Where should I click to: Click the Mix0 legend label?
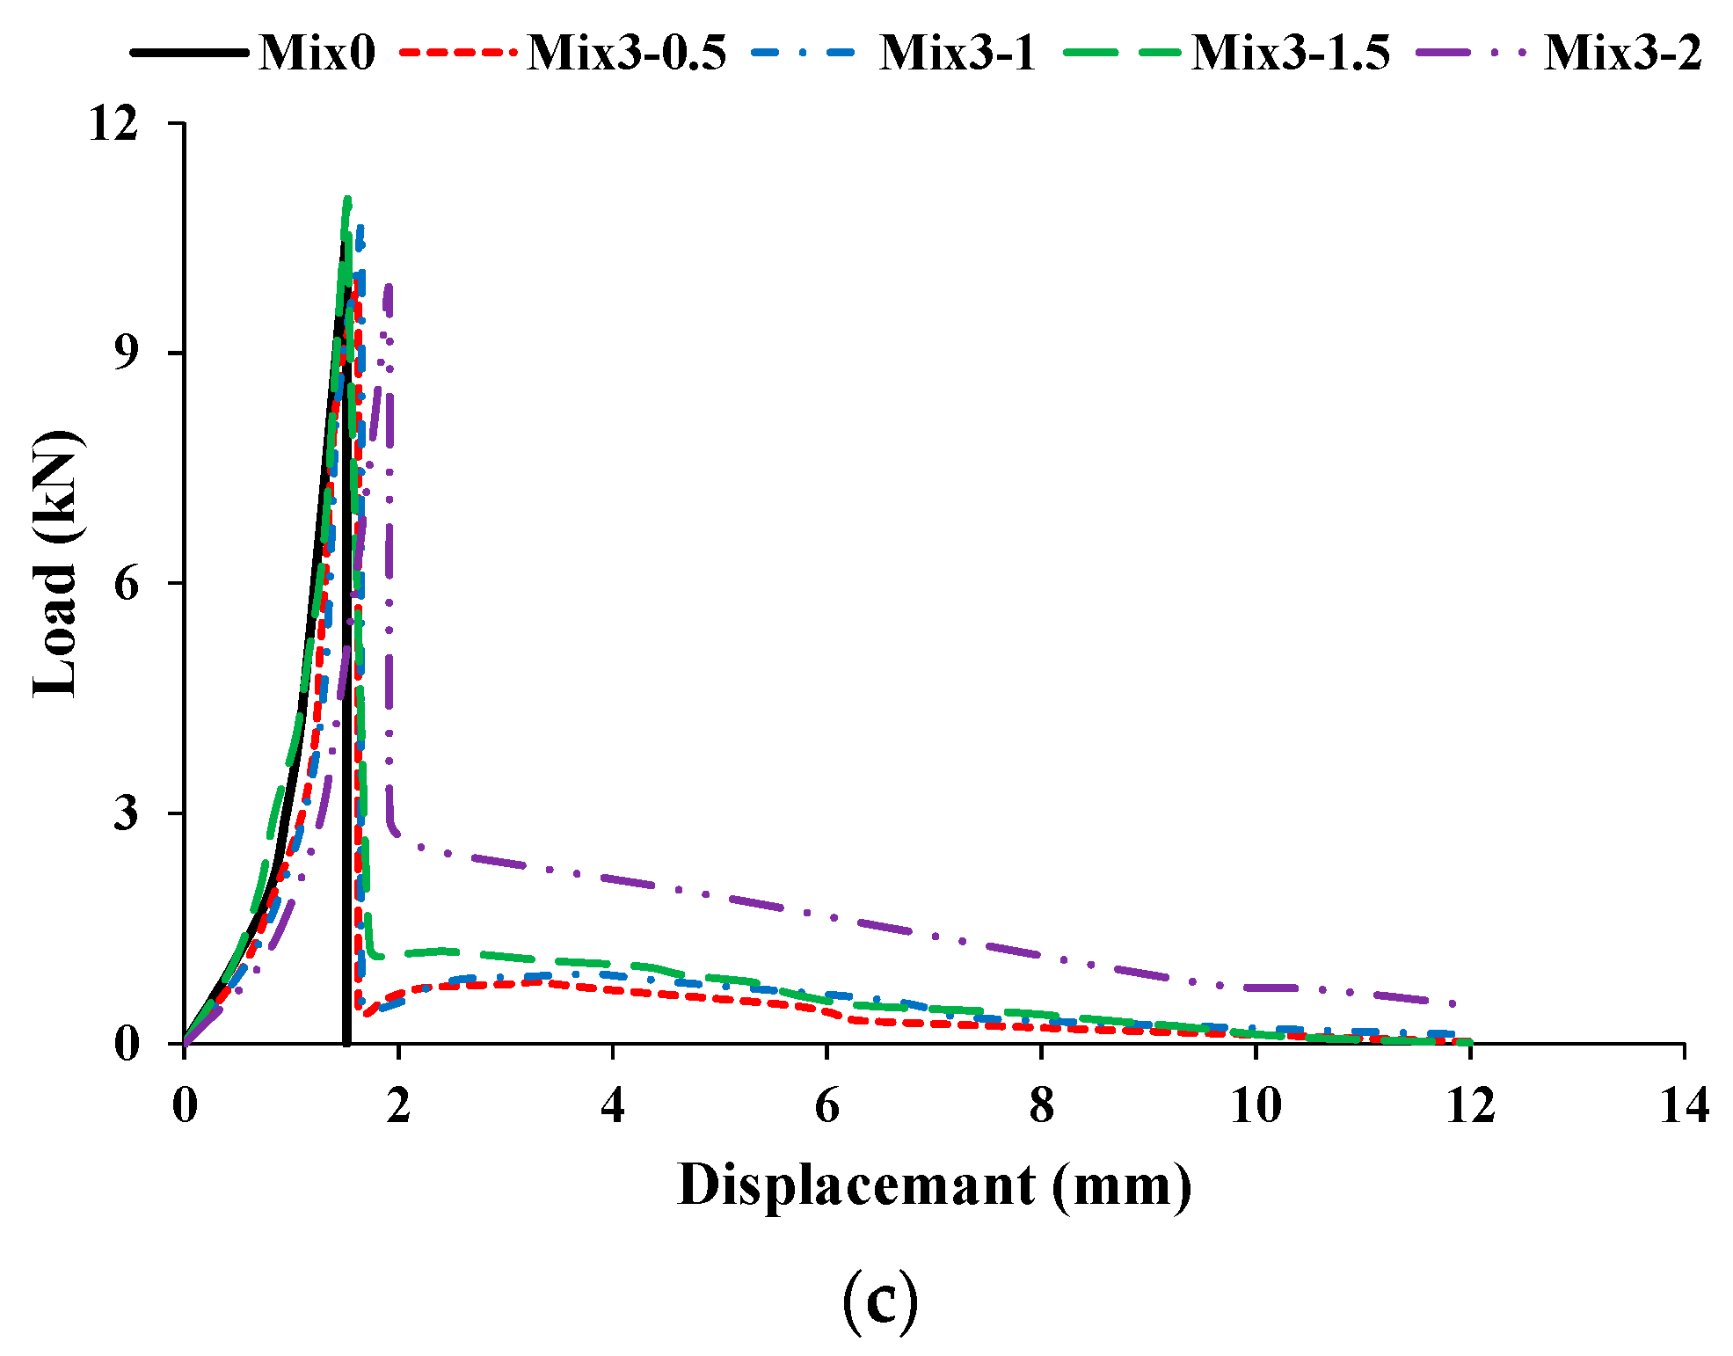tap(317, 53)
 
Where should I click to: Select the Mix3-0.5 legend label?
tap(626, 53)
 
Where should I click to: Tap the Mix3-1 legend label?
tap(958, 53)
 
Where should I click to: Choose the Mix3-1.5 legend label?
tap(1290, 53)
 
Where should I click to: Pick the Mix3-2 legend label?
tap(1622, 53)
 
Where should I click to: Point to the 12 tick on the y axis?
tap(113, 123)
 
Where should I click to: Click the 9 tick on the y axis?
tap(127, 353)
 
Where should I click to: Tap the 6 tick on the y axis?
tap(127, 583)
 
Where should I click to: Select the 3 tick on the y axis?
tap(127, 813)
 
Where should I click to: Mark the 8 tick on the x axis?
tap(1041, 1105)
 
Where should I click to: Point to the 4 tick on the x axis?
tap(613, 1105)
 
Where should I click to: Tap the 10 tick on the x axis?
tap(1256, 1105)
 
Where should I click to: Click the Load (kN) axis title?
tap(56, 563)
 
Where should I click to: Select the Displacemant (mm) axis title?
tap(935, 1185)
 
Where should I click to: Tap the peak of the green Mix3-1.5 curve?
tap(347, 199)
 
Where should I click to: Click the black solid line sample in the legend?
tap(189, 53)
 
